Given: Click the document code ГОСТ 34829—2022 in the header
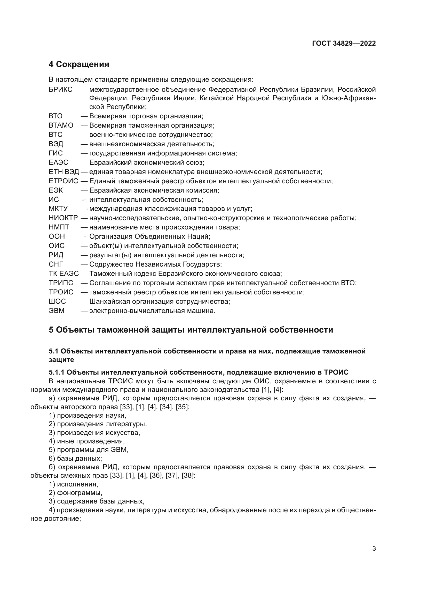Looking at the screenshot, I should (344, 43).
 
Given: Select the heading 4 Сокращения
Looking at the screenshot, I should (79, 64).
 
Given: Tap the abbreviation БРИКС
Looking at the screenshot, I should (60, 89).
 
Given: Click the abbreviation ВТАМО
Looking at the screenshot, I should (61, 125).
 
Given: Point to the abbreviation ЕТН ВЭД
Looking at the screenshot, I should (64, 172).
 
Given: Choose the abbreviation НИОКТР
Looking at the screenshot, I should (63, 218).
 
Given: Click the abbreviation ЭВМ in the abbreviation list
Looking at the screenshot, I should (57, 311).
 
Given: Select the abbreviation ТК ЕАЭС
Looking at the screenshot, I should (64, 274).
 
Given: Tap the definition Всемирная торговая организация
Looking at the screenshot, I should (146, 116).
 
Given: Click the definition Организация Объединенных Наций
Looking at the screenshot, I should (150, 236).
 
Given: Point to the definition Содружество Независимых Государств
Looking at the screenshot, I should (155, 264).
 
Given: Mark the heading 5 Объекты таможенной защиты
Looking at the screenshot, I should (191, 330).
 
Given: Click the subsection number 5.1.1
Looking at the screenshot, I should (57, 372).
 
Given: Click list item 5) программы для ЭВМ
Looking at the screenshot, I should (89, 450).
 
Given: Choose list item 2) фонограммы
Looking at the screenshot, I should (75, 493).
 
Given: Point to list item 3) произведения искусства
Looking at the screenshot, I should (94, 433).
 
